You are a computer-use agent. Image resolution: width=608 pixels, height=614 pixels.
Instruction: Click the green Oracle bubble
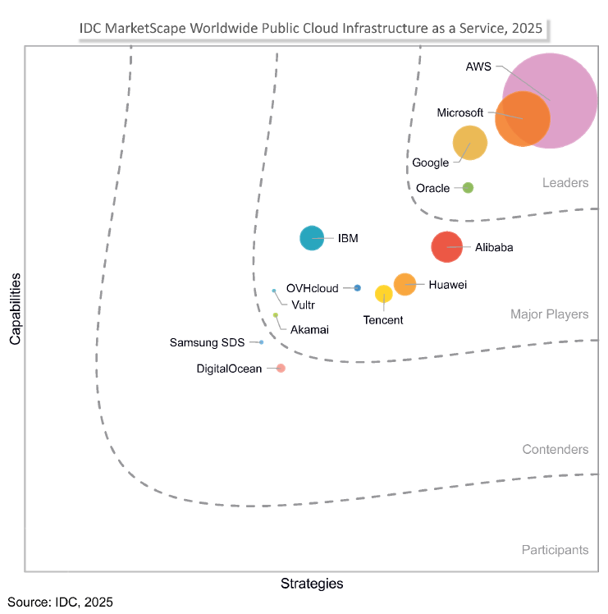(x=468, y=188)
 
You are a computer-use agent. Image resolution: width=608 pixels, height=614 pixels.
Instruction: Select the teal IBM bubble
(x=312, y=238)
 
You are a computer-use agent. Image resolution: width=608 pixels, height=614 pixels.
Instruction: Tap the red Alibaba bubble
(x=447, y=246)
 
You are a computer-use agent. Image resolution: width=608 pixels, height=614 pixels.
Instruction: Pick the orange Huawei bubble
(x=405, y=284)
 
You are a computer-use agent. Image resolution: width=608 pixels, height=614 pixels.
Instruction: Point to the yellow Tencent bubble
(x=383, y=294)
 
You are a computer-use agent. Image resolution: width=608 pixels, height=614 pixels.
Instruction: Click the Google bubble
(x=470, y=143)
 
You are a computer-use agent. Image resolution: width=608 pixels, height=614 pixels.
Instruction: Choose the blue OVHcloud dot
(x=358, y=288)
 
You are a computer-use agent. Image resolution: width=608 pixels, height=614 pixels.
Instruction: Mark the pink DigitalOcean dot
(x=281, y=369)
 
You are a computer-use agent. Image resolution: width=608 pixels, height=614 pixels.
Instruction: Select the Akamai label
(x=309, y=329)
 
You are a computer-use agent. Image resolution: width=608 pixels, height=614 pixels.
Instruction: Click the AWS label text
(x=478, y=66)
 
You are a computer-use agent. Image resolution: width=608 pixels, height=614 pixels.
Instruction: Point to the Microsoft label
(x=459, y=112)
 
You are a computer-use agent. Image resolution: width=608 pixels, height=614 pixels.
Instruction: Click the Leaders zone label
(x=565, y=183)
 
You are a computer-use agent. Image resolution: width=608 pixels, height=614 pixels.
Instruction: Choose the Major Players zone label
(x=549, y=314)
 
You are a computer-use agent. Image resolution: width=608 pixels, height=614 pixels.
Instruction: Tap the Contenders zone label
(x=555, y=450)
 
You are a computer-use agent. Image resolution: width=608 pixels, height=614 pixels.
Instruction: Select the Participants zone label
(x=555, y=550)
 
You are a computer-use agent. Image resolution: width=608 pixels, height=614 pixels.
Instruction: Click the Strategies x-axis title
(x=312, y=584)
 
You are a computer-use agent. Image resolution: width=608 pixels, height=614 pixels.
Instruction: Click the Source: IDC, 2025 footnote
(x=60, y=603)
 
